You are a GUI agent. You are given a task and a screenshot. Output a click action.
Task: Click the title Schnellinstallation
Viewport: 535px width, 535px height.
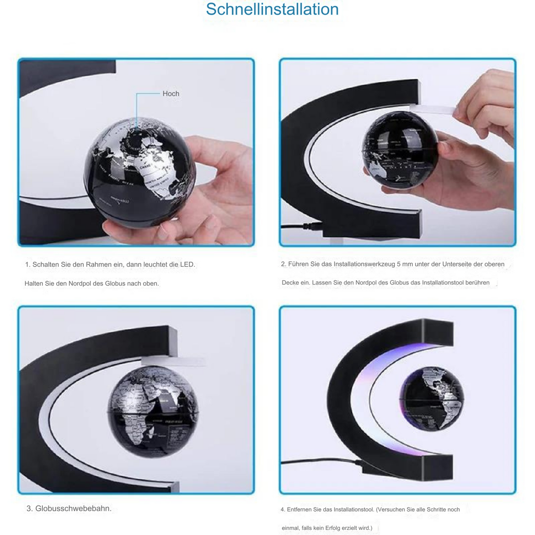(x=272, y=9)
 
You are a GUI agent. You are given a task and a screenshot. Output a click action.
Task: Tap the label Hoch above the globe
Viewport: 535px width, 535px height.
(x=171, y=93)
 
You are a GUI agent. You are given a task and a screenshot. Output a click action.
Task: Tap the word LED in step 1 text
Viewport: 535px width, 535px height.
(x=187, y=264)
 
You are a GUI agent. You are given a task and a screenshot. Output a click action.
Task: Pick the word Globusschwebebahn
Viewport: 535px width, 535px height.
(x=73, y=508)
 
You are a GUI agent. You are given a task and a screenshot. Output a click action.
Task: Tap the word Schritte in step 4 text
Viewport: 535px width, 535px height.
(x=435, y=509)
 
